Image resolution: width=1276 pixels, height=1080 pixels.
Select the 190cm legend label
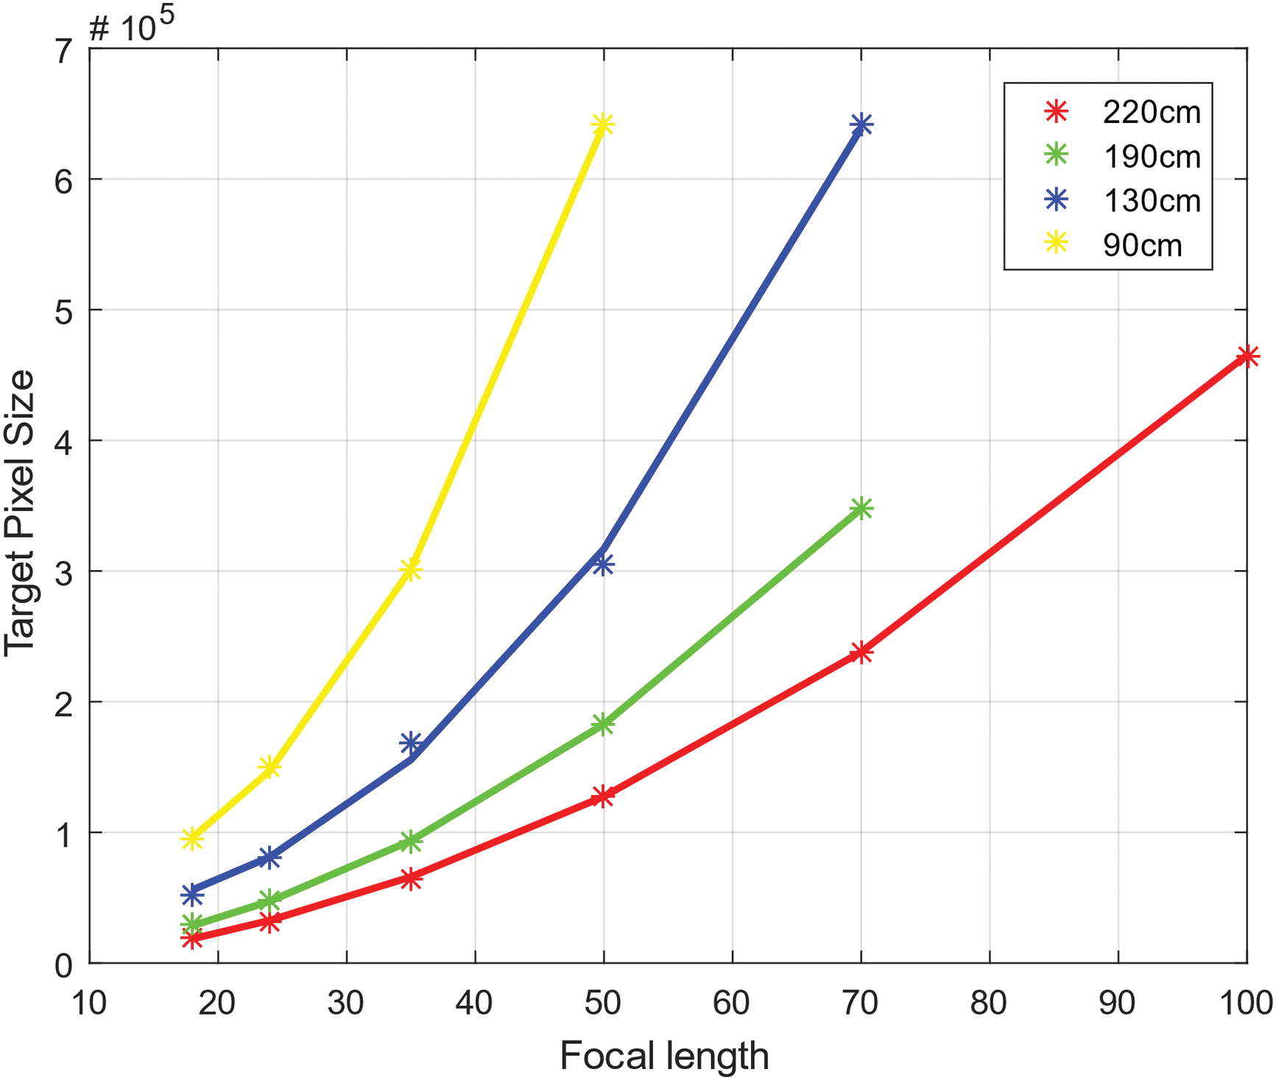click(x=1151, y=156)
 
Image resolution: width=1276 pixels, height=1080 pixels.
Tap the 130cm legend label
click(x=1151, y=200)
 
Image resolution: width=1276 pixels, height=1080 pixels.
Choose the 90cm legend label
click(x=1142, y=245)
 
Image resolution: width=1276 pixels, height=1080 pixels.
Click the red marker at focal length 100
click(x=1247, y=357)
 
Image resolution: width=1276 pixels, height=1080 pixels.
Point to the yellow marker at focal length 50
click(x=603, y=125)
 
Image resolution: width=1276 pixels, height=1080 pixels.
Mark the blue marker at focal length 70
click(x=861, y=125)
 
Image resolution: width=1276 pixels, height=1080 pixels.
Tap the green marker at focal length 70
click(x=861, y=508)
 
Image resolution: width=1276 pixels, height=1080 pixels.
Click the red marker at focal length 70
click(x=861, y=652)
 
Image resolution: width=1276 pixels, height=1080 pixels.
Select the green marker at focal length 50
click(x=603, y=724)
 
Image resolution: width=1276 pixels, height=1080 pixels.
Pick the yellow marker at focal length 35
click(x=411, y=569)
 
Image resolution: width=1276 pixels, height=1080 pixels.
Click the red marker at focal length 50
click(x=603, y=797)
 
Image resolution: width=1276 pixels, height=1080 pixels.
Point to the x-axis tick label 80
click(x=989, y=1003)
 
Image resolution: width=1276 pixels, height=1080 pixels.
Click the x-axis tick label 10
click(x=90, y=1003)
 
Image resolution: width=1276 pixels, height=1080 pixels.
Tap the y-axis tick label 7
click(x=65, y=50)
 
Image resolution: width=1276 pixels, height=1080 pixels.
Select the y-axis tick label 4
click(x=65, y=441)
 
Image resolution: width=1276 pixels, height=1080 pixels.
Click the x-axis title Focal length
click(x=664, y=1056)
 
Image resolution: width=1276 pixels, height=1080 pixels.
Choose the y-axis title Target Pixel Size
click(x=19, y=512)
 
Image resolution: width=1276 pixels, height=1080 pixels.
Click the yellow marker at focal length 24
click(x=269, y=768)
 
